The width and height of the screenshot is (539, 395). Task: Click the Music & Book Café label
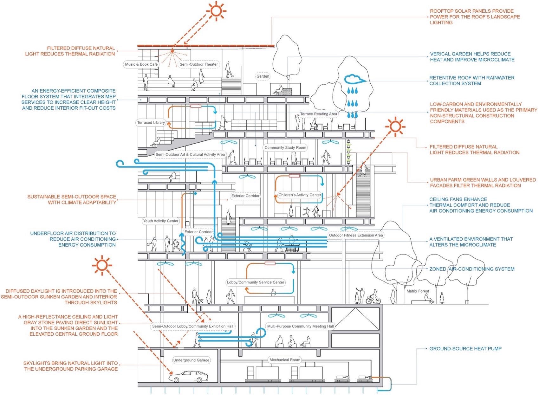(x=141, y=64)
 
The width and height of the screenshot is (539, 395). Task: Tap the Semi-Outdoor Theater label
(x=198, y=64)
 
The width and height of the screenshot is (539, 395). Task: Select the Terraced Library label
(x=151, y=123)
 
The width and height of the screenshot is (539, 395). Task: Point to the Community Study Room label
(x=285, y=148)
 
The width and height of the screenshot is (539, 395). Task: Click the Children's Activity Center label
(x=300, y=195)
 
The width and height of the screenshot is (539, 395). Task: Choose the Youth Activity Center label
(x=161, y=221)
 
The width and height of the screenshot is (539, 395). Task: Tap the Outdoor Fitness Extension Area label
(x=356, y=236)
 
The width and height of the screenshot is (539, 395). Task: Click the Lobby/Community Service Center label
(x=256, y=282)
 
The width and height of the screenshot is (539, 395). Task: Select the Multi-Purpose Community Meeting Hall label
(x=300, y=326)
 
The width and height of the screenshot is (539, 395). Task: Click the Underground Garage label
(x=191, y=360)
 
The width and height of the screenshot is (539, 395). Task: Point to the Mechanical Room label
(x=285, y=360)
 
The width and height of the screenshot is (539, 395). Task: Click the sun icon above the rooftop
(x=216, y=11)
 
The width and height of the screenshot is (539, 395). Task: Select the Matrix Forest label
(x=418, y=291)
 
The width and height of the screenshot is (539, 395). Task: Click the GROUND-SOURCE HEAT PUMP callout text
(x=465, y=349)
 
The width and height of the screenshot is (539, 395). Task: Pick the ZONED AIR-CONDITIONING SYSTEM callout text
(x=472, y=269)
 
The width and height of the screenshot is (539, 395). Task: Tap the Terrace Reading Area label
(x=318, y=114)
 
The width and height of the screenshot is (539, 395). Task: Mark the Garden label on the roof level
(x=263, y=76)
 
